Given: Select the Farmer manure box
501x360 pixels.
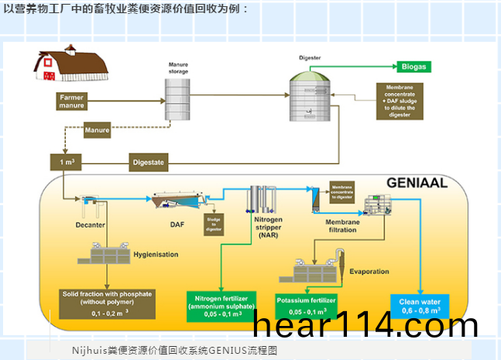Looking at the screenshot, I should tap(71, 101).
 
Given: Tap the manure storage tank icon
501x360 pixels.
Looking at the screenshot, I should tap(179, 100).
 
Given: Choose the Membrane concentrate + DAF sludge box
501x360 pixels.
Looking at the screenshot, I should tap(400, 101).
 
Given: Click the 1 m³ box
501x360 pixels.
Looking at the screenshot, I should tap(67, 162).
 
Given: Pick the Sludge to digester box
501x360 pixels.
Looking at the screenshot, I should tap(213, 223).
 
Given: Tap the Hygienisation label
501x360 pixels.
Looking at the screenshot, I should tap(155, 254).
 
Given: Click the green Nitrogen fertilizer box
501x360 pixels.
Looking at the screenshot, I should tap(221, 305).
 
